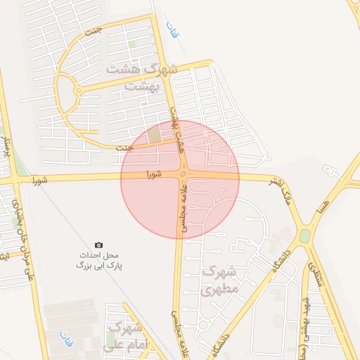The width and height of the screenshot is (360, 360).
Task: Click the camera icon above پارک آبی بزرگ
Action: (98, 244)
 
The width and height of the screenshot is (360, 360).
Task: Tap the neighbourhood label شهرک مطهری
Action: (220, 279)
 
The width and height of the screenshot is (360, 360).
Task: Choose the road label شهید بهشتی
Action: (305, 330)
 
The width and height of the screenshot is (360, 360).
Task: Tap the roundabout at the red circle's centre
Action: (183, 174)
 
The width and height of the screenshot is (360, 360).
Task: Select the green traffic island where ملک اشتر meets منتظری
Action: (304, 236)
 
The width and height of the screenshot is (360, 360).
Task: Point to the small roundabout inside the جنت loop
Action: (77, 91)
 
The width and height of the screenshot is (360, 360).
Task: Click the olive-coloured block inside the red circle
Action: (153, 134)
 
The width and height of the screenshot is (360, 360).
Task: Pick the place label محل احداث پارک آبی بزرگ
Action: (98, 260)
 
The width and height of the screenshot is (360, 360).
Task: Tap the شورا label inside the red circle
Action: (154, 173)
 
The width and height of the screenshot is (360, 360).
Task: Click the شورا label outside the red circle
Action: (40, 181)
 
